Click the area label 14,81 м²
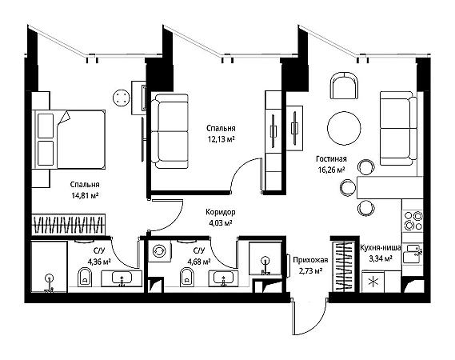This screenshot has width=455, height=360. coord(85,196)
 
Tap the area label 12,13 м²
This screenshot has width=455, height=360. coord(221,139)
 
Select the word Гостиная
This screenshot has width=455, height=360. coord(331,159)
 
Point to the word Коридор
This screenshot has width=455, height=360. coord(221,212)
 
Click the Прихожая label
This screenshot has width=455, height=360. coord(310,260)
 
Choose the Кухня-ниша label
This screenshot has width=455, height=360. coord(381,248)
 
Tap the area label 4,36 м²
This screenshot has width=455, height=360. coord(99,262)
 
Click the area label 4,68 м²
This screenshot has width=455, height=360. coord(199,262)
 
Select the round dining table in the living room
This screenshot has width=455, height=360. coord(344,128)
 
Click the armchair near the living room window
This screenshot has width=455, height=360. coord(344,86)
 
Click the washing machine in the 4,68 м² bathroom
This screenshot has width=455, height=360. coord(159,251)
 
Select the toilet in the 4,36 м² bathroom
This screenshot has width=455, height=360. coord(85,277)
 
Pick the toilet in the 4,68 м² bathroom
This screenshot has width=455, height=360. coord(186,277)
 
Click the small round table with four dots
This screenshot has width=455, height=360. coord(122,98)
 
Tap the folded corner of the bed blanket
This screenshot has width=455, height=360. coord(65,118)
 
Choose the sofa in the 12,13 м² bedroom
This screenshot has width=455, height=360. coord(170,131)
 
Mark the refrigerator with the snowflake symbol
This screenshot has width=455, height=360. coord(373,282)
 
